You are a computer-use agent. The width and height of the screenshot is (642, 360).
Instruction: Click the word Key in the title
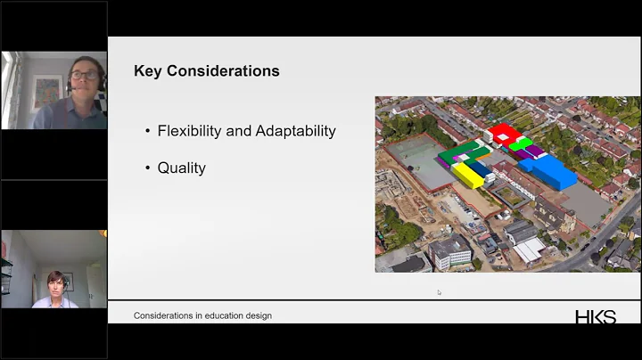pyautogui.click(x=148, y=70)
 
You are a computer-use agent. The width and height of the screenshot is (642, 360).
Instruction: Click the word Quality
pyautogui.click(x=182, y=168)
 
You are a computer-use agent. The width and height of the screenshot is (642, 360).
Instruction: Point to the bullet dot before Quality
pyautogui.click(x=148, y=168)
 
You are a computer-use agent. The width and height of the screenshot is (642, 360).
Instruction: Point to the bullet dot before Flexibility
pyautogui.click(x=148, y=132)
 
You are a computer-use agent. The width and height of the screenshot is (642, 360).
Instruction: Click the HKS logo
pyautogui.click(x=595, y=316)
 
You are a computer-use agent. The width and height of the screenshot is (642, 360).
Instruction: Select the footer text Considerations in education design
pyautogui.click(x=202, y=315)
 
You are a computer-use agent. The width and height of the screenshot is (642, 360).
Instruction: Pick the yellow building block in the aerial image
pyautogui.click(x=467, y=175)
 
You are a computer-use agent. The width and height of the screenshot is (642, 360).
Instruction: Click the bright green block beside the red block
pyautogui.click(x=522, y=143)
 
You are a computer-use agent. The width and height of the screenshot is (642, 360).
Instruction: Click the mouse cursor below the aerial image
pyautogui.click(x=439, y=291)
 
